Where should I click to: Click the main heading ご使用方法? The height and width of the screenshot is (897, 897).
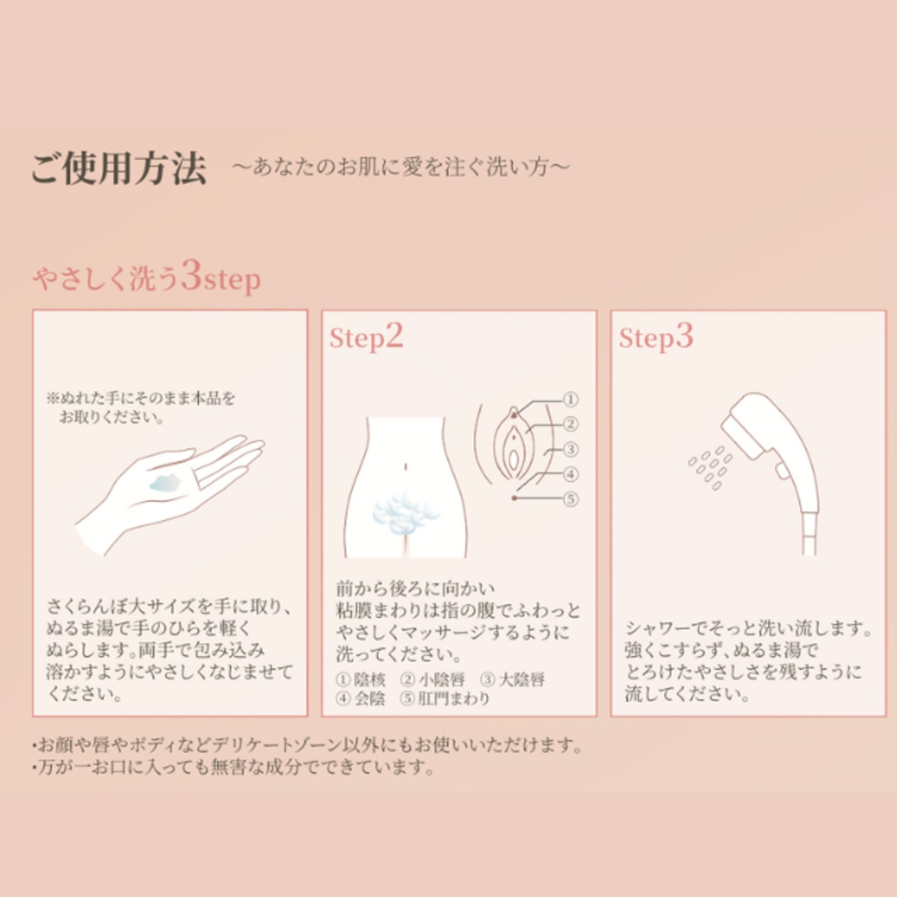pos(118,169)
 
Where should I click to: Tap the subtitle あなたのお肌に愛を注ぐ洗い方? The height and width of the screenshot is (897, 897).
pos(400,167)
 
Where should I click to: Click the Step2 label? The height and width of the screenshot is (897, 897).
pos(366,337)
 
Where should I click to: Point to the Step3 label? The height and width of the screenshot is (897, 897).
pos(655,337)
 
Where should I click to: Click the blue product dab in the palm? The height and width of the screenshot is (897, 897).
pos(165,484)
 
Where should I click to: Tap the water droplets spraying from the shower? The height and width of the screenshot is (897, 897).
pos(711,467)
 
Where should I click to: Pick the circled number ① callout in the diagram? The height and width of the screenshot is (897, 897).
pos(570,399)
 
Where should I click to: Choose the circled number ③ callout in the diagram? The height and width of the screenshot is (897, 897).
pos(570,449)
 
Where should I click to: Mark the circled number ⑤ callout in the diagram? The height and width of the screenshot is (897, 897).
pos(570,499)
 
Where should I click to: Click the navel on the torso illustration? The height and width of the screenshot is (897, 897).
pos(406,466)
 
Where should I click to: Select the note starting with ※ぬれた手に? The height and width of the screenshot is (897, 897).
pos(140,407)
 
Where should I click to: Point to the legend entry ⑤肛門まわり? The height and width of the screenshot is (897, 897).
pos(445,699)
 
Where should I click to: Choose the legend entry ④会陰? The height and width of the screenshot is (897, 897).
pos(360,699)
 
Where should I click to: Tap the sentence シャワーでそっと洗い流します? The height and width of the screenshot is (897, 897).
pos(748,629)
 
